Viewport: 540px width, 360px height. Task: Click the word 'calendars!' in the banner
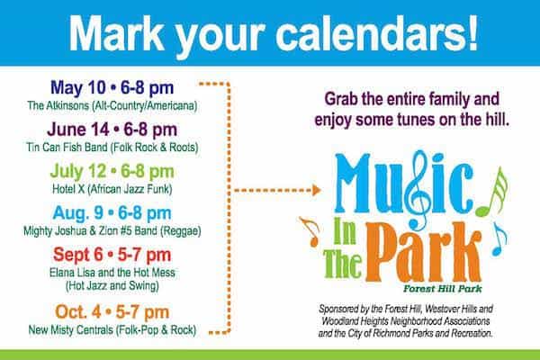point(377,33)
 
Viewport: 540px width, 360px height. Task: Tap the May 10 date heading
point(112,88)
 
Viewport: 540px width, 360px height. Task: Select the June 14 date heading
point(112,130)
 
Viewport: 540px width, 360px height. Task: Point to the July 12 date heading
point(112,172)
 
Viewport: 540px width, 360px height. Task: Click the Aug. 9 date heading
point(112,213)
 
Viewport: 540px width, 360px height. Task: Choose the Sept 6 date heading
point(112,256)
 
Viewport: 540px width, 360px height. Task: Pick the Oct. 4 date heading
point(112,312)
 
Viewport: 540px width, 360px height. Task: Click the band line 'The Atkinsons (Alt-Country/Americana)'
point(112,106)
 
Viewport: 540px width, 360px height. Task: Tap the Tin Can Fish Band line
point(112,148)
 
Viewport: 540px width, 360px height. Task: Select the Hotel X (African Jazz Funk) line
point(112,189)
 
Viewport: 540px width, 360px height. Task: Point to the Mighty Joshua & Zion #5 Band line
point(112,230)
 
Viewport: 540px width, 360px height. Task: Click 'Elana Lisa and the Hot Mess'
point(112,273)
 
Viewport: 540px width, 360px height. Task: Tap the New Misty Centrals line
point(112,330)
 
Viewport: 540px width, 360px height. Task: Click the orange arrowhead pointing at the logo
point(317,190)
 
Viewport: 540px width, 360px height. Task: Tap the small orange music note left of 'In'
point(312,231)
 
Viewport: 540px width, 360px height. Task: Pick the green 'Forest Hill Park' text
point(443,289)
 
